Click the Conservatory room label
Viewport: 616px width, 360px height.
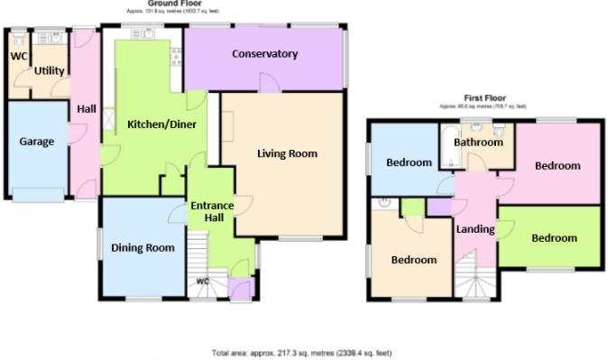(x=264, y=54)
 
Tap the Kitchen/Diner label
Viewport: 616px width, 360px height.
(x=161, y=125)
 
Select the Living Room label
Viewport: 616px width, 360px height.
(x=287, y=153)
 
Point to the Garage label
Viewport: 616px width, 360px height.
(x=37, y=142)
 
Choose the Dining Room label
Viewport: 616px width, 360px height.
(x=142, y=247)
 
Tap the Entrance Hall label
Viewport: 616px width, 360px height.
(x=212, y=212)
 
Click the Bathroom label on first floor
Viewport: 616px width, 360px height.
(x=478, y=143)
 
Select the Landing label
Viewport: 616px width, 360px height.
(x=475, y=229)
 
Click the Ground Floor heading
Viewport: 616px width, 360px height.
(x=149, y=5)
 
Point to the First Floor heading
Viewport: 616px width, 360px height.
(x=485, y=97)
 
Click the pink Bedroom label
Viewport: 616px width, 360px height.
(x=557, y=166)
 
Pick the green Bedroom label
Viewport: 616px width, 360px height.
(x=553, y=238)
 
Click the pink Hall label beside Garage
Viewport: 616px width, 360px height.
(x=87, y=109)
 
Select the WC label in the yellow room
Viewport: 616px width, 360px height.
(x=18, y=56)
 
